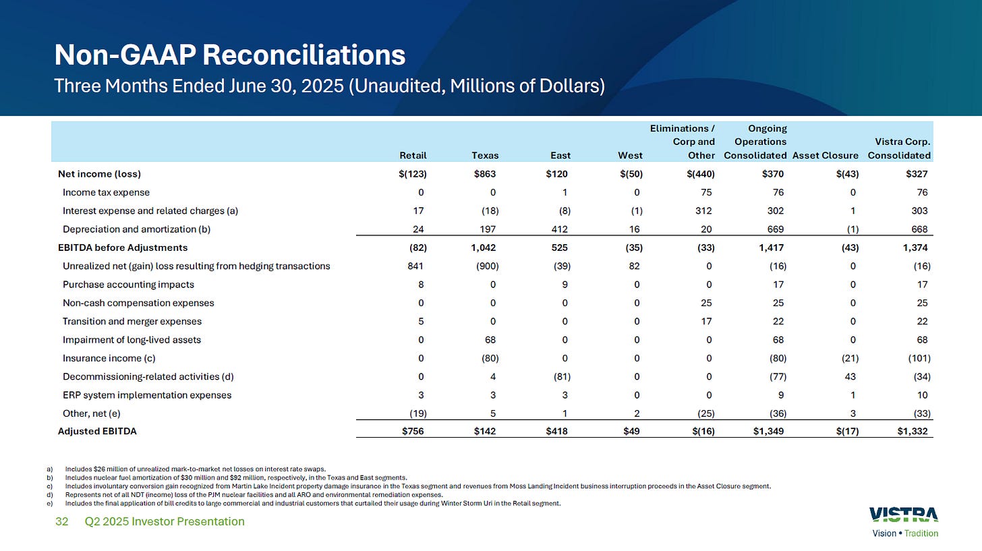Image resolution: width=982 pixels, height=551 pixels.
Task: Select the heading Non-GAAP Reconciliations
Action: pyautogui.click(x=229, y=55)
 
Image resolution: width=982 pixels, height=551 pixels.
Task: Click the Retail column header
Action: pyautogui.click(x=413, y=155)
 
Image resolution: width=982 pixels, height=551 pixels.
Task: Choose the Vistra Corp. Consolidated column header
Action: pyautogui.click(x=900, y=148)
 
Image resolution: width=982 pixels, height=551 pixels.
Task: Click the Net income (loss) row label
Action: pyautogui.click(x=99, y=173)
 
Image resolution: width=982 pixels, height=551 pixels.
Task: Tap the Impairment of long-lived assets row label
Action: pyautogui.click(x=132, y=340)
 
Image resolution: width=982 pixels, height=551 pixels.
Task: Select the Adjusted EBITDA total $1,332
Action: pyautogui.click(x=913, y=432)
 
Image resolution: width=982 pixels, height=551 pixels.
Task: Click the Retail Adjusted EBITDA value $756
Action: pyautogui.click(x=415, y=432)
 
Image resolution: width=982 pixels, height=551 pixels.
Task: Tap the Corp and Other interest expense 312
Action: pyautogui.click(x=706, y=210)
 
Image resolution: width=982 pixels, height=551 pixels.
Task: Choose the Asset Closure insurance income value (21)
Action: pyautogui.click(x=847, y=358)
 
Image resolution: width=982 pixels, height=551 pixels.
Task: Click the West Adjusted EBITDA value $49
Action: pyautogui.click(x=634, y=432)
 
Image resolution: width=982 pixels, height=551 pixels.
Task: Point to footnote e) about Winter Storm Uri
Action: pyautogui.click(x=310, y=502)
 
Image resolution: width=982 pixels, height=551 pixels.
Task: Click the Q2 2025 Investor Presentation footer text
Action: pyautogui.click(x=165, y=521)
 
